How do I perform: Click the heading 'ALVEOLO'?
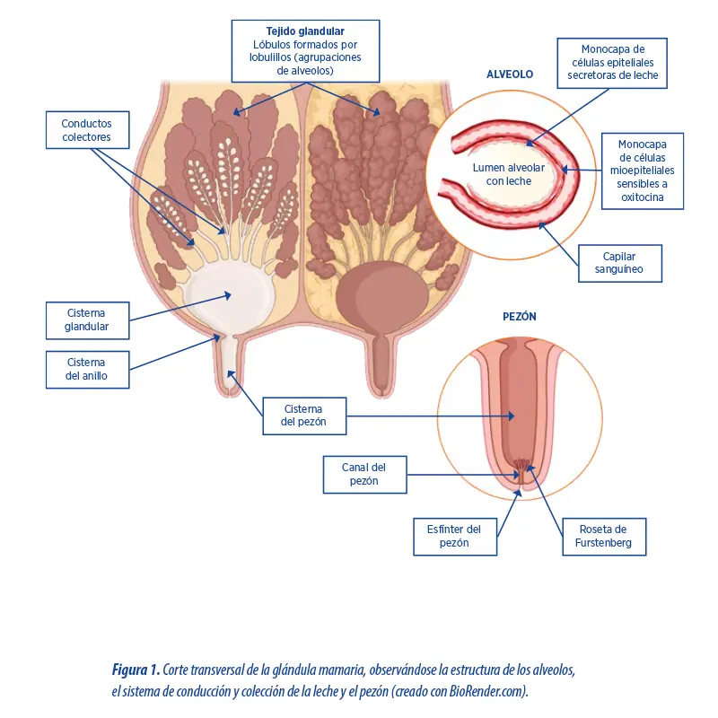[x=510, y=74]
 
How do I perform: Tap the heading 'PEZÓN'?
[x=520, y=317]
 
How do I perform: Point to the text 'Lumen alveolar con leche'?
[x=509, y=174]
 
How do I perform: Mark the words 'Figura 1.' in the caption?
[x=136, y=670]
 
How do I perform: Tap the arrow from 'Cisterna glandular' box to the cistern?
[x=180, y=307]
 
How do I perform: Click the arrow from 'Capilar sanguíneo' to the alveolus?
[x=558, y=244]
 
